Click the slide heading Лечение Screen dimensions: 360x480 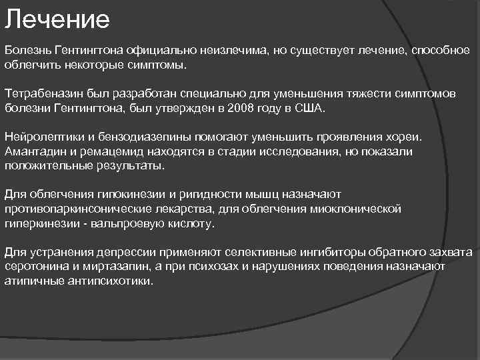pos(57,19)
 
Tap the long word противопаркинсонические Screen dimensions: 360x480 pos(72,209)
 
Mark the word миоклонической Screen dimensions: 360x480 pos(358,209)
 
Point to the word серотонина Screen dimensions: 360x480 pos(36,267)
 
